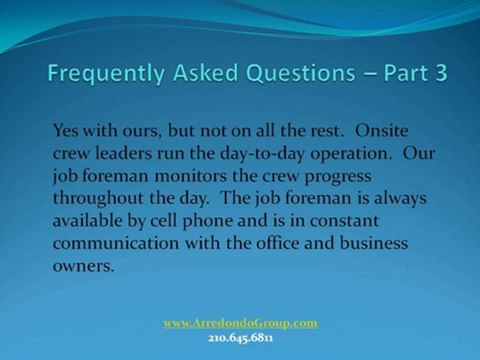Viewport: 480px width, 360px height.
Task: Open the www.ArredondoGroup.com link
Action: coord(240,323)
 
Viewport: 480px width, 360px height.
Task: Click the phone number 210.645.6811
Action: coord(240,337)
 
